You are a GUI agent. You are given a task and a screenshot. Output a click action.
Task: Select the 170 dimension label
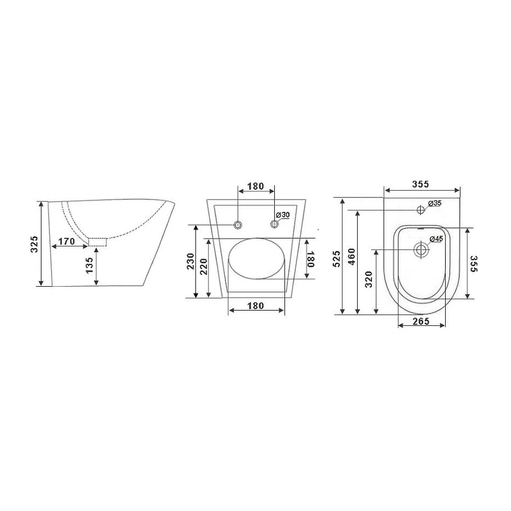(66, 241)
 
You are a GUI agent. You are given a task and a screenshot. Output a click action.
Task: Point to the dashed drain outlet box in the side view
(98, 242)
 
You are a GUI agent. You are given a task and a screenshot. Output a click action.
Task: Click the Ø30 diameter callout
(282, 215)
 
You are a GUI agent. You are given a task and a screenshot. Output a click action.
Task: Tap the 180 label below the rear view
(256, 305)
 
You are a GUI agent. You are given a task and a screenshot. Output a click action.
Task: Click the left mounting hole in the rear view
(237, 224)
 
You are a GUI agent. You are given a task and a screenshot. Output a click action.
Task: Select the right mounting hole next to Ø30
(274, 224)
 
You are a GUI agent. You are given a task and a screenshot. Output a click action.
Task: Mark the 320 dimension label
(368, 280)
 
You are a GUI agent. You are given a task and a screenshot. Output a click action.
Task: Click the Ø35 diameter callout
(434, 203)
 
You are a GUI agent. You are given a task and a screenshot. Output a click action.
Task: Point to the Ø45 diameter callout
(436, 239)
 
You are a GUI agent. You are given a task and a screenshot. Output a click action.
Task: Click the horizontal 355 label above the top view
(421, 184)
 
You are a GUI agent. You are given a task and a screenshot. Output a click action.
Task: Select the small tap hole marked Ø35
(421, 210)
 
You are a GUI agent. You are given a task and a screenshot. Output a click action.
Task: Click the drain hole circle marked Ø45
(421, 249)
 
